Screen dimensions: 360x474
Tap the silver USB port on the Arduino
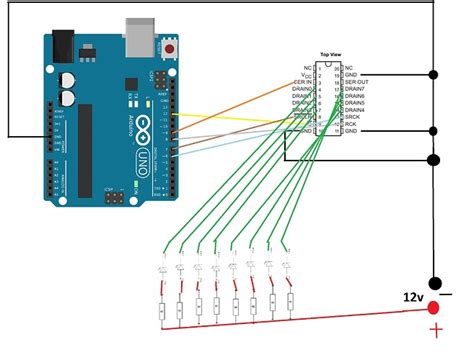pos(141,37)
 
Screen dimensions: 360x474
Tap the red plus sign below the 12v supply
pos(435,331)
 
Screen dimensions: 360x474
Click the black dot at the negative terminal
pos(434,284)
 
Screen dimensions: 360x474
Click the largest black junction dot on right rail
pos(433,159)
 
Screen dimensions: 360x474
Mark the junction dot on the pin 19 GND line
pos(433,75)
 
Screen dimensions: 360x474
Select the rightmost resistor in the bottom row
pos(290,299)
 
